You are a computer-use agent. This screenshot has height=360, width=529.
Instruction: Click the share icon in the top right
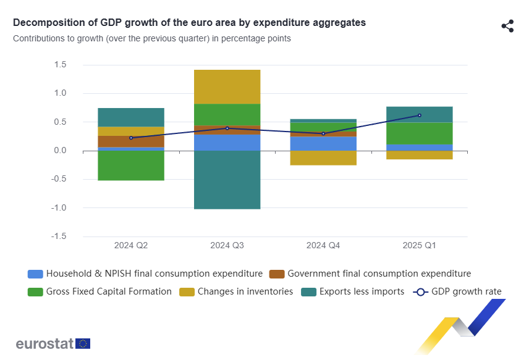coord(507,26)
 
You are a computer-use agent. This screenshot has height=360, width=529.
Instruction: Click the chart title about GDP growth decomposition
coord(189,23)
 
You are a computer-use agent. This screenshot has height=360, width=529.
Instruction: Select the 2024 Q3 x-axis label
coord(227,246)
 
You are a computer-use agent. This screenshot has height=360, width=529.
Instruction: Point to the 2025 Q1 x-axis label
coord(419,246)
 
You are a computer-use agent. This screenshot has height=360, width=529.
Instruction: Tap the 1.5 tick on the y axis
coord(60,65)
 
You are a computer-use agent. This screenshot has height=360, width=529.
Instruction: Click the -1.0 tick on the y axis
coord(59,208)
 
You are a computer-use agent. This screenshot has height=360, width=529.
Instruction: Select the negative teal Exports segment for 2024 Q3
coord(227,180)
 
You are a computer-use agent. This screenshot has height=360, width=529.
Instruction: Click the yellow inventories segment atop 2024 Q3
coord(227,86)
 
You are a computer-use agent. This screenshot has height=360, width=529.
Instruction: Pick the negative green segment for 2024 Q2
coord(131,165)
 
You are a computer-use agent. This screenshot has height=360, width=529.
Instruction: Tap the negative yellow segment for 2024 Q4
coord(323,158)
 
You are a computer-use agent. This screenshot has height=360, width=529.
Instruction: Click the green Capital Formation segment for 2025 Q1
coord(419,133)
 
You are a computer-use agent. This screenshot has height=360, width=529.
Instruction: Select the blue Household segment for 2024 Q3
coord(227,143)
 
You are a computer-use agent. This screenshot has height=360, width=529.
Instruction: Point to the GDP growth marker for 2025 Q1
coord(420,115)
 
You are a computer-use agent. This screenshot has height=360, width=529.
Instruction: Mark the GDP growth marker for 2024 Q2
coord(131,138)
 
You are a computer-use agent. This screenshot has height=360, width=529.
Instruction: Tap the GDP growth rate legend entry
coord(457,291)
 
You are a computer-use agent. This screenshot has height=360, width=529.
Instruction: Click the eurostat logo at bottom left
coord(53,344)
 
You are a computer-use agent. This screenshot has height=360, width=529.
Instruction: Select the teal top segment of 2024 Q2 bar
coord(131,117)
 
